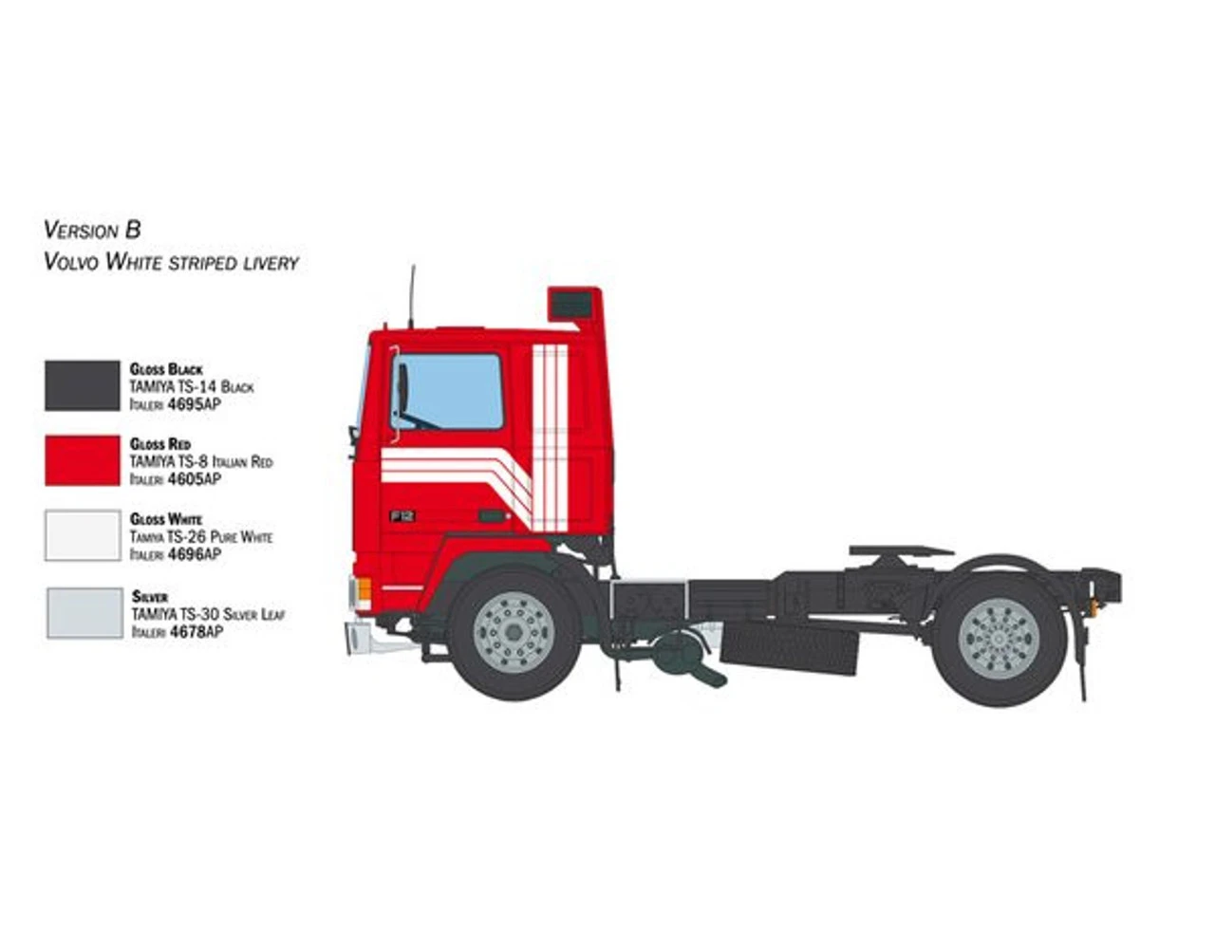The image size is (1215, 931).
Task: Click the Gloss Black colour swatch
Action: pos(83,385)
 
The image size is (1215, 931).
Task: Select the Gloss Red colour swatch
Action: pos(83,460)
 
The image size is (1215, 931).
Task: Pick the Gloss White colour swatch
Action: pos(83,536)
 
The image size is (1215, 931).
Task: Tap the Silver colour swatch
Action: pos(84,612)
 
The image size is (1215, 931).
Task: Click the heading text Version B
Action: pos(92,230)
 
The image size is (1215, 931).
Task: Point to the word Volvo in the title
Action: pos(71,262)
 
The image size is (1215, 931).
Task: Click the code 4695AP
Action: pos(194,404)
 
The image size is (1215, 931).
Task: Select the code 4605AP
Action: pos(194,479)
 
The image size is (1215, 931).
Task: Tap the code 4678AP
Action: pos(196,631)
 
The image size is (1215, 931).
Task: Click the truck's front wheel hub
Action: pos(514,632)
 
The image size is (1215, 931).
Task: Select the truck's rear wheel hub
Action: pos(1000,638)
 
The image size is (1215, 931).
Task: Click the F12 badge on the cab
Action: pos(402,516)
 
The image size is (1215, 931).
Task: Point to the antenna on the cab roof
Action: pos(412,296)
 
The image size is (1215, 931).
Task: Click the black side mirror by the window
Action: pos(402,389)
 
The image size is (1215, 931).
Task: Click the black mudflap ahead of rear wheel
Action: pos(790,647)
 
